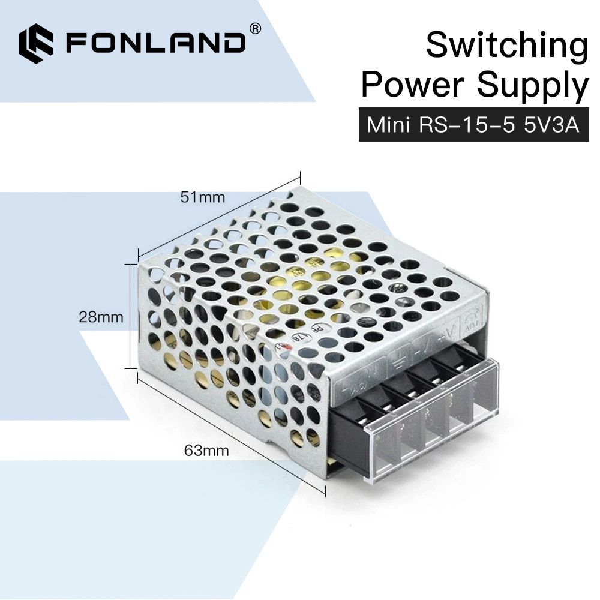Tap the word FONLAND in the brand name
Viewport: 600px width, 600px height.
point(155,44)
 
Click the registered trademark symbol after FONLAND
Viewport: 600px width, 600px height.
point(254,28)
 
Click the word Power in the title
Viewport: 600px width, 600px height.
point(413,85)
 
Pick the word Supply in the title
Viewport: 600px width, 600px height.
point(533,86)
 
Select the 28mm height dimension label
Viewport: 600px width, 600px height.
point(101,317)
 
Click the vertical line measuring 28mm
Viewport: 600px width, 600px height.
point(128,316)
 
